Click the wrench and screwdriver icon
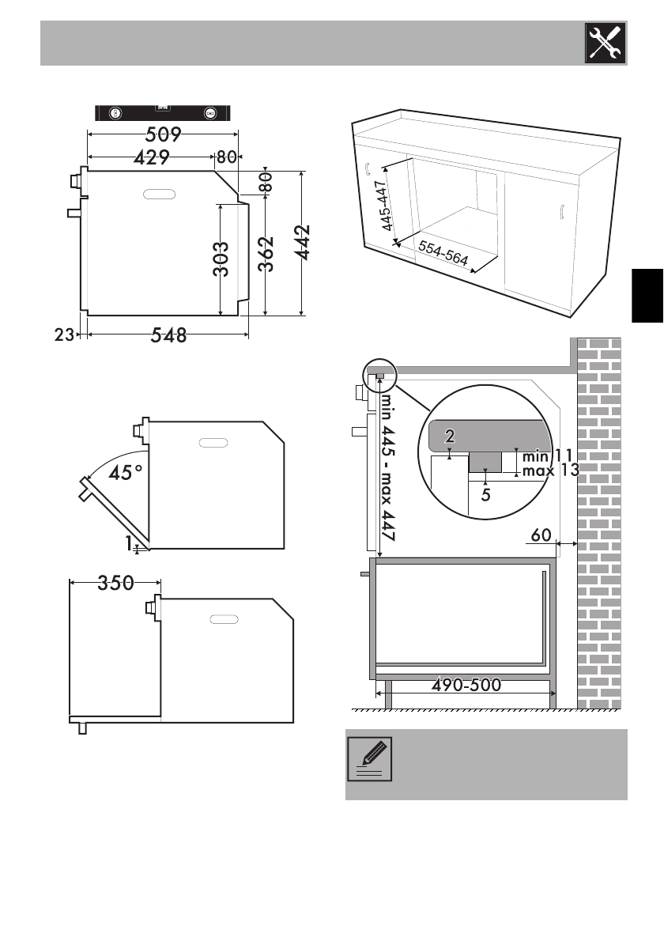[x=606, y=43]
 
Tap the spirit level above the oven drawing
[x=163, y=113]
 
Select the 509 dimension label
[x=163, y=134]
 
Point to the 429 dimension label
[x=152, y=157]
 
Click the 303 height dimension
[x=221, y=259]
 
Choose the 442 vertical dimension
[x=303, y=243]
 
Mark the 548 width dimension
[x=168, y=334]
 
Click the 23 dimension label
[x=64, y=334]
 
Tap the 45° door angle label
[x=126, y=473]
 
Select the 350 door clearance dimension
[x=115, y=583]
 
